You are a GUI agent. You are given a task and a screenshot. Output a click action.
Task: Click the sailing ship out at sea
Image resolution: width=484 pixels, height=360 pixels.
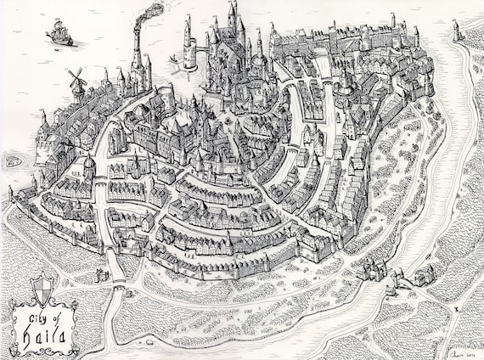click(x=59, y=32)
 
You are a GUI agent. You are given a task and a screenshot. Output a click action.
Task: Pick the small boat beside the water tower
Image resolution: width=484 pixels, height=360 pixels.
click(x=176, y=60)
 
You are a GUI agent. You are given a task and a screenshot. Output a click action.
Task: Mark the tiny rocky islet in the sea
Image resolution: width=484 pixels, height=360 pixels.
click(x=13, y=160)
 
